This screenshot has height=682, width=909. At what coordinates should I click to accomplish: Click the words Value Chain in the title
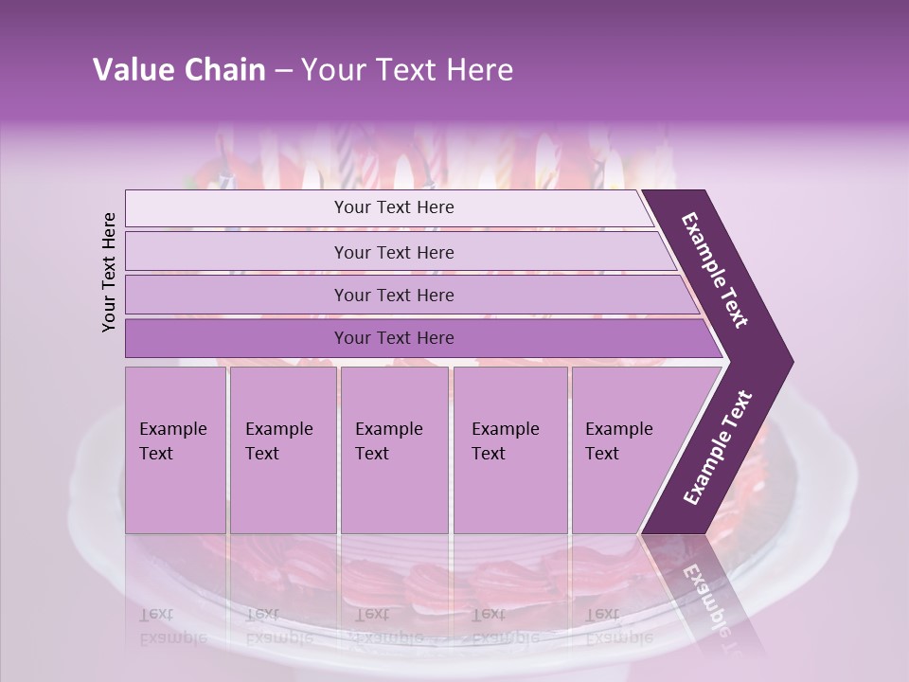tap(179, 70)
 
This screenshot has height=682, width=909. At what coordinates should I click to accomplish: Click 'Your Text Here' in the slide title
tap(407, 70)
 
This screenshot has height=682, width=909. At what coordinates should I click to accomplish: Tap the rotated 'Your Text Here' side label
tap(109, 272)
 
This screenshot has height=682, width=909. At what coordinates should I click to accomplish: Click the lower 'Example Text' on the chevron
tap(718, 448)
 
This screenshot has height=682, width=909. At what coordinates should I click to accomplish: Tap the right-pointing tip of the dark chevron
tap(787, 363)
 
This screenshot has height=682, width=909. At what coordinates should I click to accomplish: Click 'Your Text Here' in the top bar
tap(394, 207)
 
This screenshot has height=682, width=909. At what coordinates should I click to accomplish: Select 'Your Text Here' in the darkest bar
tap(394, 338)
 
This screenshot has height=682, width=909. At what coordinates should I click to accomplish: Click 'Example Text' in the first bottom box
tap(172, 441)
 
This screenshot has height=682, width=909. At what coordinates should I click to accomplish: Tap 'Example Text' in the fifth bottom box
tap(618, 441)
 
